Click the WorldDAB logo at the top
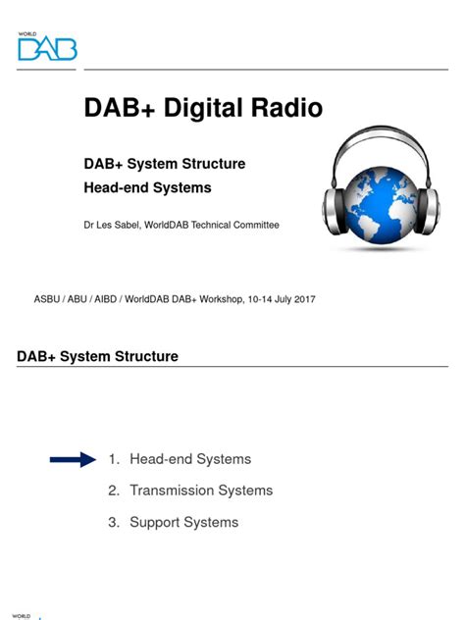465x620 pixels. [46, 46]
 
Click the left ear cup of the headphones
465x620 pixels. [337, 201]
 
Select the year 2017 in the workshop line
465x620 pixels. [302, 298]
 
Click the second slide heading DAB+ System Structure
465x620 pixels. [98, 356]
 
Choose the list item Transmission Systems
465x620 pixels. [201, 491]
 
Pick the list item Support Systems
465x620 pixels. [183, 522]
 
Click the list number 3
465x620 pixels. [113, 522]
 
